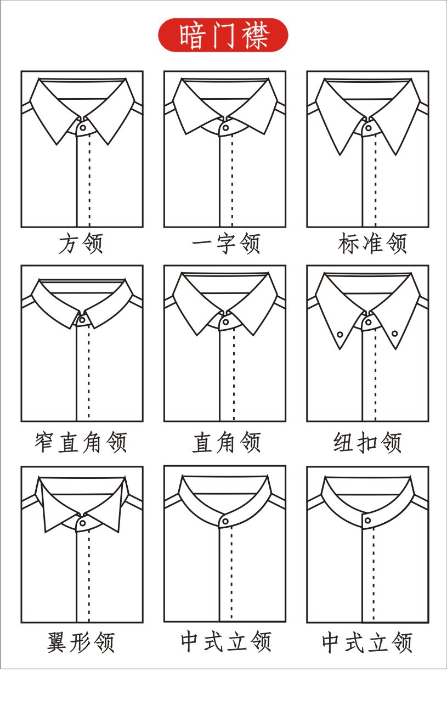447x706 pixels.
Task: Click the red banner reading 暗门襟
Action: coord(223,36)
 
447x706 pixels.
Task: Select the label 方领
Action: coord(81,244)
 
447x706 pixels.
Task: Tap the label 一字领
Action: coord(225,244)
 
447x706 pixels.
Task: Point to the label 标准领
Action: coord(373,244)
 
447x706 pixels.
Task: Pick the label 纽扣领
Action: coord(368,442)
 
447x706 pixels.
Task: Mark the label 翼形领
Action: coord(81,642)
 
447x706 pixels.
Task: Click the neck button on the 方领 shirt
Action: coord(82,127)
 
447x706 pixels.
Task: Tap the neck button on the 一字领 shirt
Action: coord(225,127)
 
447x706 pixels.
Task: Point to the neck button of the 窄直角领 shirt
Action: coord(82,319)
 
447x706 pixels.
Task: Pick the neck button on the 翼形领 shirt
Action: coord(82,523)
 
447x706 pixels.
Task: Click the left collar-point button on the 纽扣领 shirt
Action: coord(340,334)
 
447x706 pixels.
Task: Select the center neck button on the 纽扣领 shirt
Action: coord(368,323)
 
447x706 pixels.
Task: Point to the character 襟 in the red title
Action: coord(255,36)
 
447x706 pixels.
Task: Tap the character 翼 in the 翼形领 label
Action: coord(57,642)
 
